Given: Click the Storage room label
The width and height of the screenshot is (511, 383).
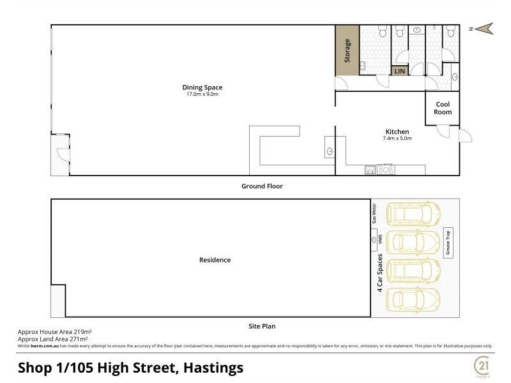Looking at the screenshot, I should click(x=347, y=50).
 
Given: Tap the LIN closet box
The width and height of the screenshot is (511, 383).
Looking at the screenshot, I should click(x=400, y=71).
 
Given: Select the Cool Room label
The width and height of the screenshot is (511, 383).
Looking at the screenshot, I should click(x=443, y=108).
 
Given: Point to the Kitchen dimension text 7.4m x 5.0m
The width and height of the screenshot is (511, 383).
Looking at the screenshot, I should click(x=397, y=139).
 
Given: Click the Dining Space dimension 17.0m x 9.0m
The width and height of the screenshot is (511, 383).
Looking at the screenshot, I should click(x=202, y=94).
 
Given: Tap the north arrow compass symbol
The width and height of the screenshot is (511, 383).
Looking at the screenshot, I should click(x=483, y=27).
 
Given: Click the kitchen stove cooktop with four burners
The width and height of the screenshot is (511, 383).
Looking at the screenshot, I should click(x=386, y=170).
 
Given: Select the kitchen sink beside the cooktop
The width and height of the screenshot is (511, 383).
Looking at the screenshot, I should click(x=370, y=170).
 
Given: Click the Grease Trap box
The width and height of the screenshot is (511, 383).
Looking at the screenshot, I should click(x=448, y=243).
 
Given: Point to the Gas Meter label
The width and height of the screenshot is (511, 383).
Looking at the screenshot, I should click(x=375, y=213).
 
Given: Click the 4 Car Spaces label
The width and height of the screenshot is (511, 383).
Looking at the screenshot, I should click(x=379, y=273).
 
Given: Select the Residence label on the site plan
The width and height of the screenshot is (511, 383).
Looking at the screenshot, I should click(x=215, y=260).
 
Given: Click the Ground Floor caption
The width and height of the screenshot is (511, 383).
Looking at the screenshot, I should click(x=261, y=186).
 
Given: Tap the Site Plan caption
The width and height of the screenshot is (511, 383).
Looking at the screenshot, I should click(x=261, y=326).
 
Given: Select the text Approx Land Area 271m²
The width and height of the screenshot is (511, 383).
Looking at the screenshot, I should click(x=52, y=339).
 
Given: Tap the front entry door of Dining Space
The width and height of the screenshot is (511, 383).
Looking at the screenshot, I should click(x=59, y=154).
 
